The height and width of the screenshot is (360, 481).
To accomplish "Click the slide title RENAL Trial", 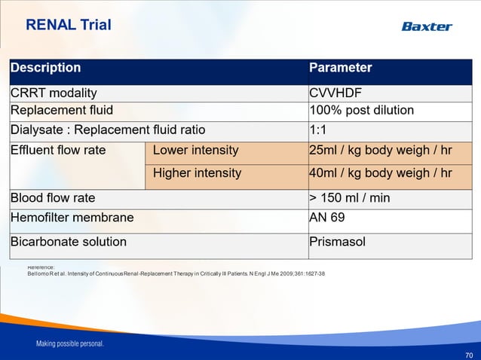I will (69, 25).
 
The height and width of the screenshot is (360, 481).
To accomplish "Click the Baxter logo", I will (427, 26).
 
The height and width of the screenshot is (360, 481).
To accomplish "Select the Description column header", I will (45, 68).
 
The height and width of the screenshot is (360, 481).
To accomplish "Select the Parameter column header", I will (341, 68).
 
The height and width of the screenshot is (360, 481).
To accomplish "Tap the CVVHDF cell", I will (335, 93).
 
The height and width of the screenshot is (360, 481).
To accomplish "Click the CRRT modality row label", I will (54, 93).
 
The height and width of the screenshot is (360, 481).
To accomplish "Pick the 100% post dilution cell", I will (362, 111).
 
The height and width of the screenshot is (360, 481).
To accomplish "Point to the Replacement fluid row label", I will (62, 111).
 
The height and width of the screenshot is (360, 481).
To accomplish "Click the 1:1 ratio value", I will (318, 129).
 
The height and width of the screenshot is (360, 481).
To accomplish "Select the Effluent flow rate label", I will (58, 150).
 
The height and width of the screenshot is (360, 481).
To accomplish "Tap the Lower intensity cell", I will (195, 150).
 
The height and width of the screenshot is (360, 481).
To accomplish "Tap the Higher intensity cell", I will (197, 173).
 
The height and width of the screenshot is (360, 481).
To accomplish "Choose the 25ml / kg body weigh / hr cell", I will (381, 150).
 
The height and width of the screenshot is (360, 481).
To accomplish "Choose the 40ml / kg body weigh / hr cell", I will (381, 173).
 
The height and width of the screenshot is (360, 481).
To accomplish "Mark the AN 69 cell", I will (326, 218).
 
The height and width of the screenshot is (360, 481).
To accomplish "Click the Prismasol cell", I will (337, 243).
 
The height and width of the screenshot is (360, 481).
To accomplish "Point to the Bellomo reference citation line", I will (176, 273).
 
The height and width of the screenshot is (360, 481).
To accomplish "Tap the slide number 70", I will (469, 354).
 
